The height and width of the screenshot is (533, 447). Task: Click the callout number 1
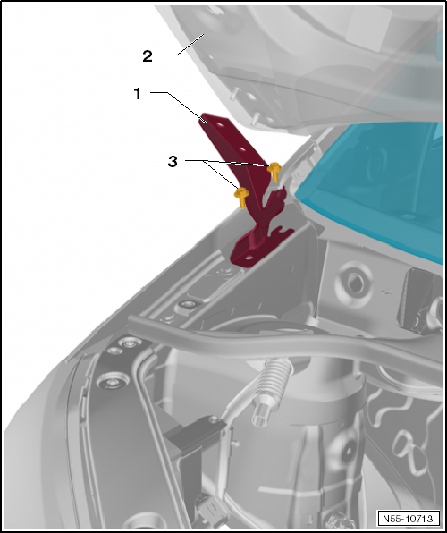138,94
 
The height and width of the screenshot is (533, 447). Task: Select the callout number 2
148,56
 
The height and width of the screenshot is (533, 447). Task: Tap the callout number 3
173,162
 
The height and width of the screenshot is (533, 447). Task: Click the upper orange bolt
274,171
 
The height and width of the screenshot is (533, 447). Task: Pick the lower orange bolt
241,197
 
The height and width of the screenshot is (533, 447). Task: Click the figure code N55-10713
408,519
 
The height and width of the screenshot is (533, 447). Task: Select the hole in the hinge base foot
249,258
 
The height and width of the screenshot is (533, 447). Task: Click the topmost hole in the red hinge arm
220,124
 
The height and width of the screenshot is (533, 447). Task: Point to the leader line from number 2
181,46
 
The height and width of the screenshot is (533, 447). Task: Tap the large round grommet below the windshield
354,283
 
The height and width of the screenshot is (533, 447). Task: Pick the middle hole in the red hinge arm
242,148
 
